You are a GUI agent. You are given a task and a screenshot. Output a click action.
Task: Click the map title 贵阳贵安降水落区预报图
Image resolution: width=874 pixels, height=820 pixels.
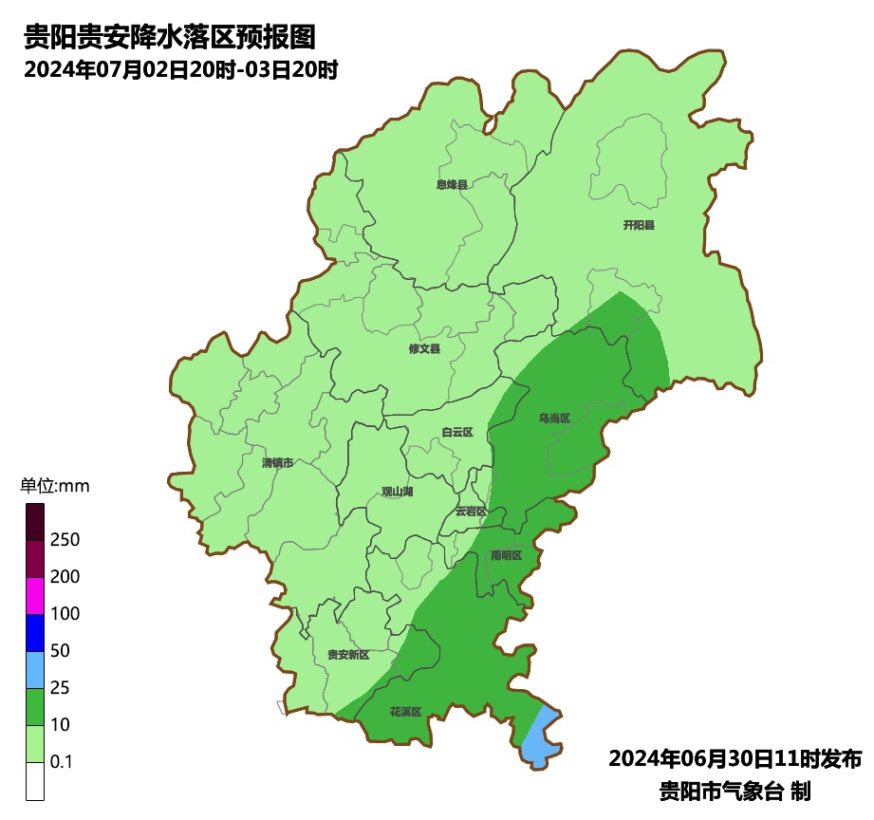(169, 37)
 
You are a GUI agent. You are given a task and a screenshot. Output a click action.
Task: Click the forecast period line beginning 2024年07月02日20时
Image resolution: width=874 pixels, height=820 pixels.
(181, 69)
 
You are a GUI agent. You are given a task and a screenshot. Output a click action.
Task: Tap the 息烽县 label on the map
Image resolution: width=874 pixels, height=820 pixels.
(452, 184)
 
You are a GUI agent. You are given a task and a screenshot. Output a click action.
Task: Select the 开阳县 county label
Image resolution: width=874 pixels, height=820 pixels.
(639, 225)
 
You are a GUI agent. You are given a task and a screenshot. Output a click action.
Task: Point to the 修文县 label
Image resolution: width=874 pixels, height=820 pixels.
(424, 348)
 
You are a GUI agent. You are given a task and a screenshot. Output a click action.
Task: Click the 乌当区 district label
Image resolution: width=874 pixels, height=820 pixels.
(553, 418)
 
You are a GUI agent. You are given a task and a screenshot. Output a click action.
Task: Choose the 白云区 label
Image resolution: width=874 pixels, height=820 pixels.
(456, 432)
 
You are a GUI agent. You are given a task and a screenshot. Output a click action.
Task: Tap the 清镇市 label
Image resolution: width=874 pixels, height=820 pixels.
(277, 463)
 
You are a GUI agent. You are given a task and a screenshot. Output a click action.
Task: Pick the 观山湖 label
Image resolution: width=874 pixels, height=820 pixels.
(397, 492)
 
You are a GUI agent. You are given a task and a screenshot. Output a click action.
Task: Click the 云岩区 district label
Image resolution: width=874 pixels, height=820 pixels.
(470, 511)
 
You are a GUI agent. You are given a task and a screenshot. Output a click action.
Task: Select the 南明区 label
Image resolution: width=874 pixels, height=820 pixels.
(506, 554)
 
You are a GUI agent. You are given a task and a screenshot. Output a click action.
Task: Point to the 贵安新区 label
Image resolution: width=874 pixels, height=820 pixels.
(347, 655)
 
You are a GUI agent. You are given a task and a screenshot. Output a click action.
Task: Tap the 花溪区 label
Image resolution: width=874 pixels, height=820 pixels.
(405, 711)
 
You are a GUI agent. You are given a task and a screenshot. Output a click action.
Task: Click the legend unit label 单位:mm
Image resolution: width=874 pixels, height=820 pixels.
(54, 486)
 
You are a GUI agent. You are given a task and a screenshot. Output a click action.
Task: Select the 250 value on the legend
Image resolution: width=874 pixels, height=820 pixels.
(65, 539)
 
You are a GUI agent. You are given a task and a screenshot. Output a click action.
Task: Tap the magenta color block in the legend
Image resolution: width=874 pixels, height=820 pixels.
(35, 595)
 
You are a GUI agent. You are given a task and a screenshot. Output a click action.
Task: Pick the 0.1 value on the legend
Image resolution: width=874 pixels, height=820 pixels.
(62, 761)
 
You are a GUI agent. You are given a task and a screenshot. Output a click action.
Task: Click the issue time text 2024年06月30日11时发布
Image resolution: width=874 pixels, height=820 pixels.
(735, 758)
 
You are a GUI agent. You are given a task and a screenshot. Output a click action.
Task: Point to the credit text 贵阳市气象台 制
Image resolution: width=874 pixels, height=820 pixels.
(735, 790)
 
